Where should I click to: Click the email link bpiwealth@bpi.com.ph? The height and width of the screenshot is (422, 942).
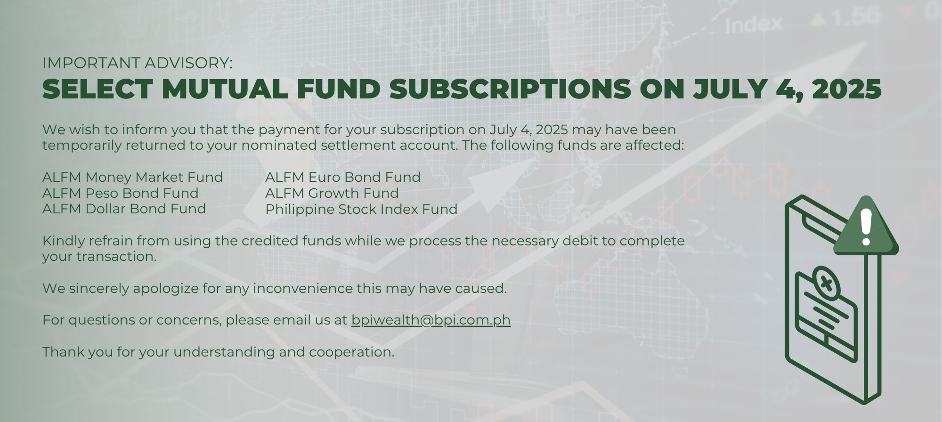pos(431,320)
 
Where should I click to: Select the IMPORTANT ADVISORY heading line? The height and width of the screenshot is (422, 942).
pos(138,63)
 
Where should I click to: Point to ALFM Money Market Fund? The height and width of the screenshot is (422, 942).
pos(132,177)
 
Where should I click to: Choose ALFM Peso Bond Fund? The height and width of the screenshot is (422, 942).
pos(120,193)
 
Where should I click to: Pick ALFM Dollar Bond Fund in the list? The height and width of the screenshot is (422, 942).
pos(124,209)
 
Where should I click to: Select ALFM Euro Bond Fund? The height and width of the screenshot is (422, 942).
pos(343,177)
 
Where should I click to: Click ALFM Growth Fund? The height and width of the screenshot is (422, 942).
pos(332,193)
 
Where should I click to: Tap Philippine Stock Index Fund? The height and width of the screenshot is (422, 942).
pos(361,209)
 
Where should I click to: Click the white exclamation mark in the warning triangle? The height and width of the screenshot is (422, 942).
pos(866,227)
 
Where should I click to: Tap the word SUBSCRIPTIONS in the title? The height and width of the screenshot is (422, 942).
pos(511,89)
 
